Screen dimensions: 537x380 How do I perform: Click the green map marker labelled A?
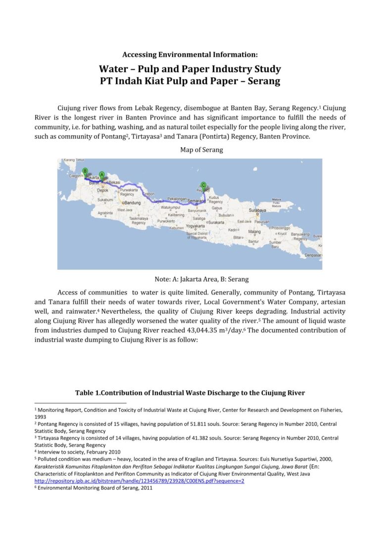pos(101,175)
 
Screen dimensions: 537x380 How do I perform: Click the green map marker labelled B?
pos(85,171)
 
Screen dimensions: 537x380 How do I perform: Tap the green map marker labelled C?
pos(203,185)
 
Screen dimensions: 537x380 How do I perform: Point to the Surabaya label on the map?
pos(258,210)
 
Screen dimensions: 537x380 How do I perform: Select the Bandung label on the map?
pos(131,203)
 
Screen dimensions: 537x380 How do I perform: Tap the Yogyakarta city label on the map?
pos(195,226)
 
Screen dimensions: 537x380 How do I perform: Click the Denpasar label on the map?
pos(313,255)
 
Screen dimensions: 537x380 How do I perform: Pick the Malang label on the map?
pos(254,232)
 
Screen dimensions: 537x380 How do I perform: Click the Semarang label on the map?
pos(196,201)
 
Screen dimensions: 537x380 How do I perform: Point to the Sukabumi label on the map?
pos(105,200)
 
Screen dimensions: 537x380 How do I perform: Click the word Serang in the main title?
pos(263,81)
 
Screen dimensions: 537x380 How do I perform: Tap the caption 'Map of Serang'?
pos(201,150)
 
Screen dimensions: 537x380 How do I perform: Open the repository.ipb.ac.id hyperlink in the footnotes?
pos(139,481)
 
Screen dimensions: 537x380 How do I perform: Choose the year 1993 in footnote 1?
pos(41,416)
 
